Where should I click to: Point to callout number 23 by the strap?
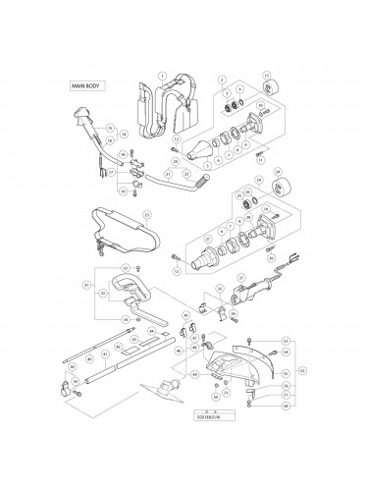[146, 213]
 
